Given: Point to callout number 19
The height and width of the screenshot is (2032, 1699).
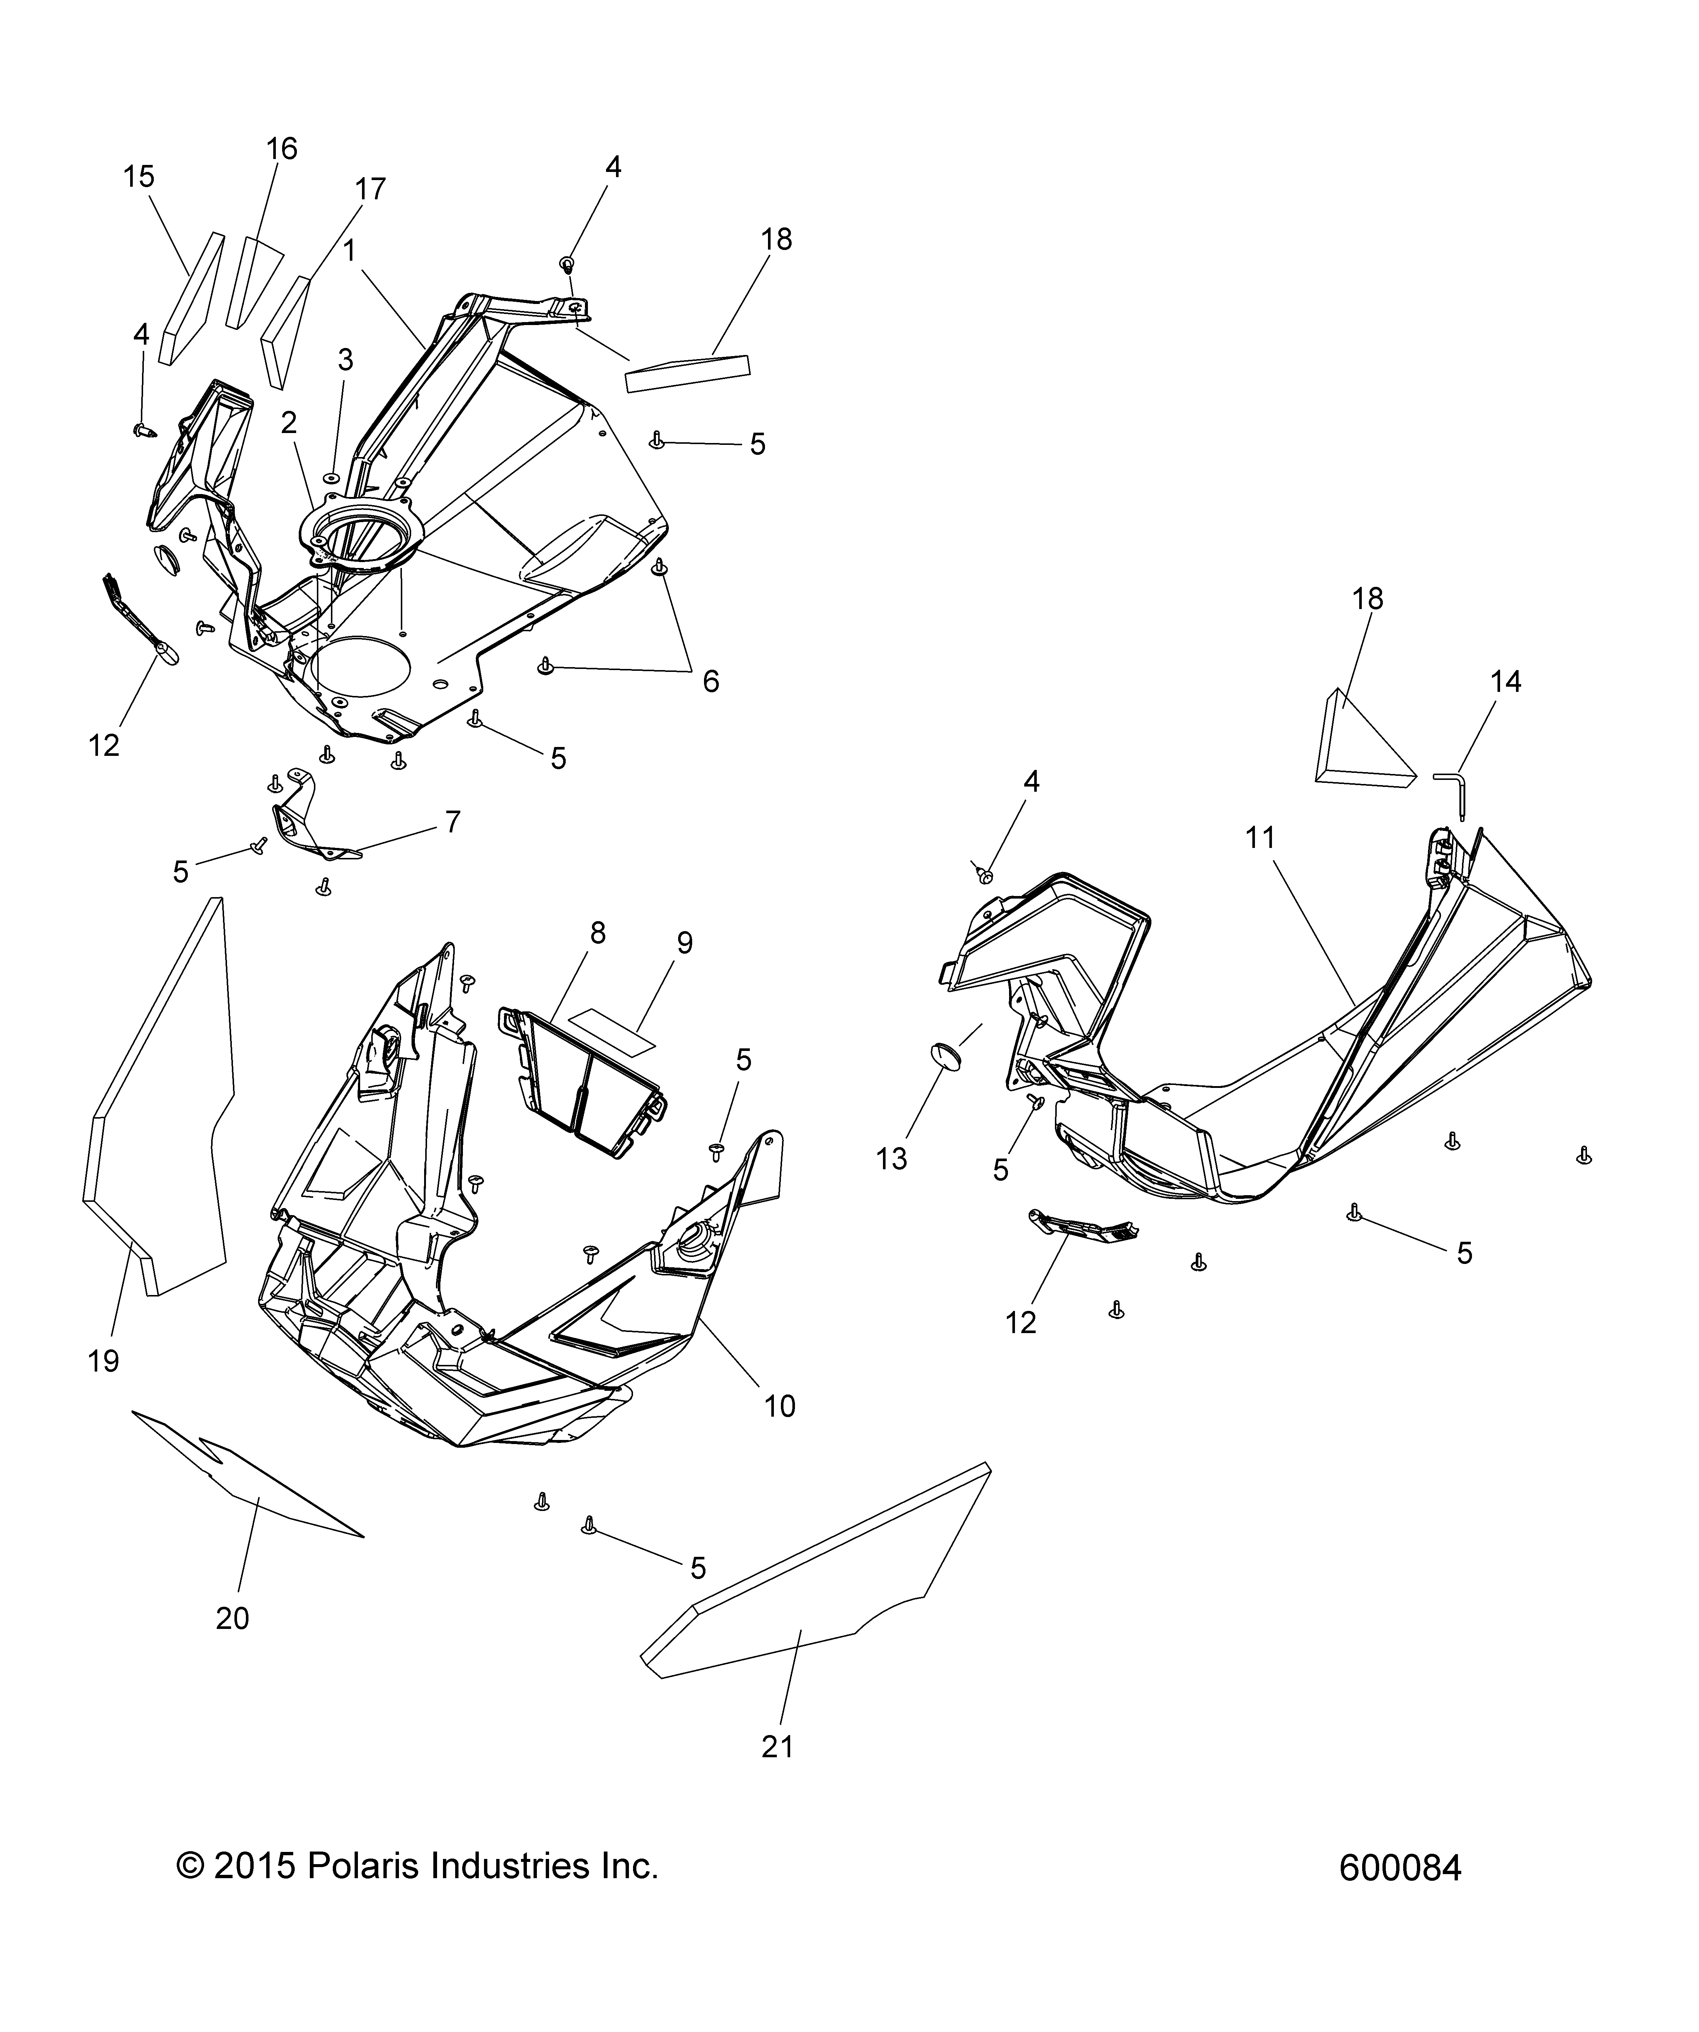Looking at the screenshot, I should coord(104,1360).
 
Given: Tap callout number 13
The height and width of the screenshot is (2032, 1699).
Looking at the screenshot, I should coord(891,1158).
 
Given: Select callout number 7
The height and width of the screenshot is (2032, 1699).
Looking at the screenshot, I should coord(452,822).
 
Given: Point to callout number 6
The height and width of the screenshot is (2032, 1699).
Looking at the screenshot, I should coord(710,681).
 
